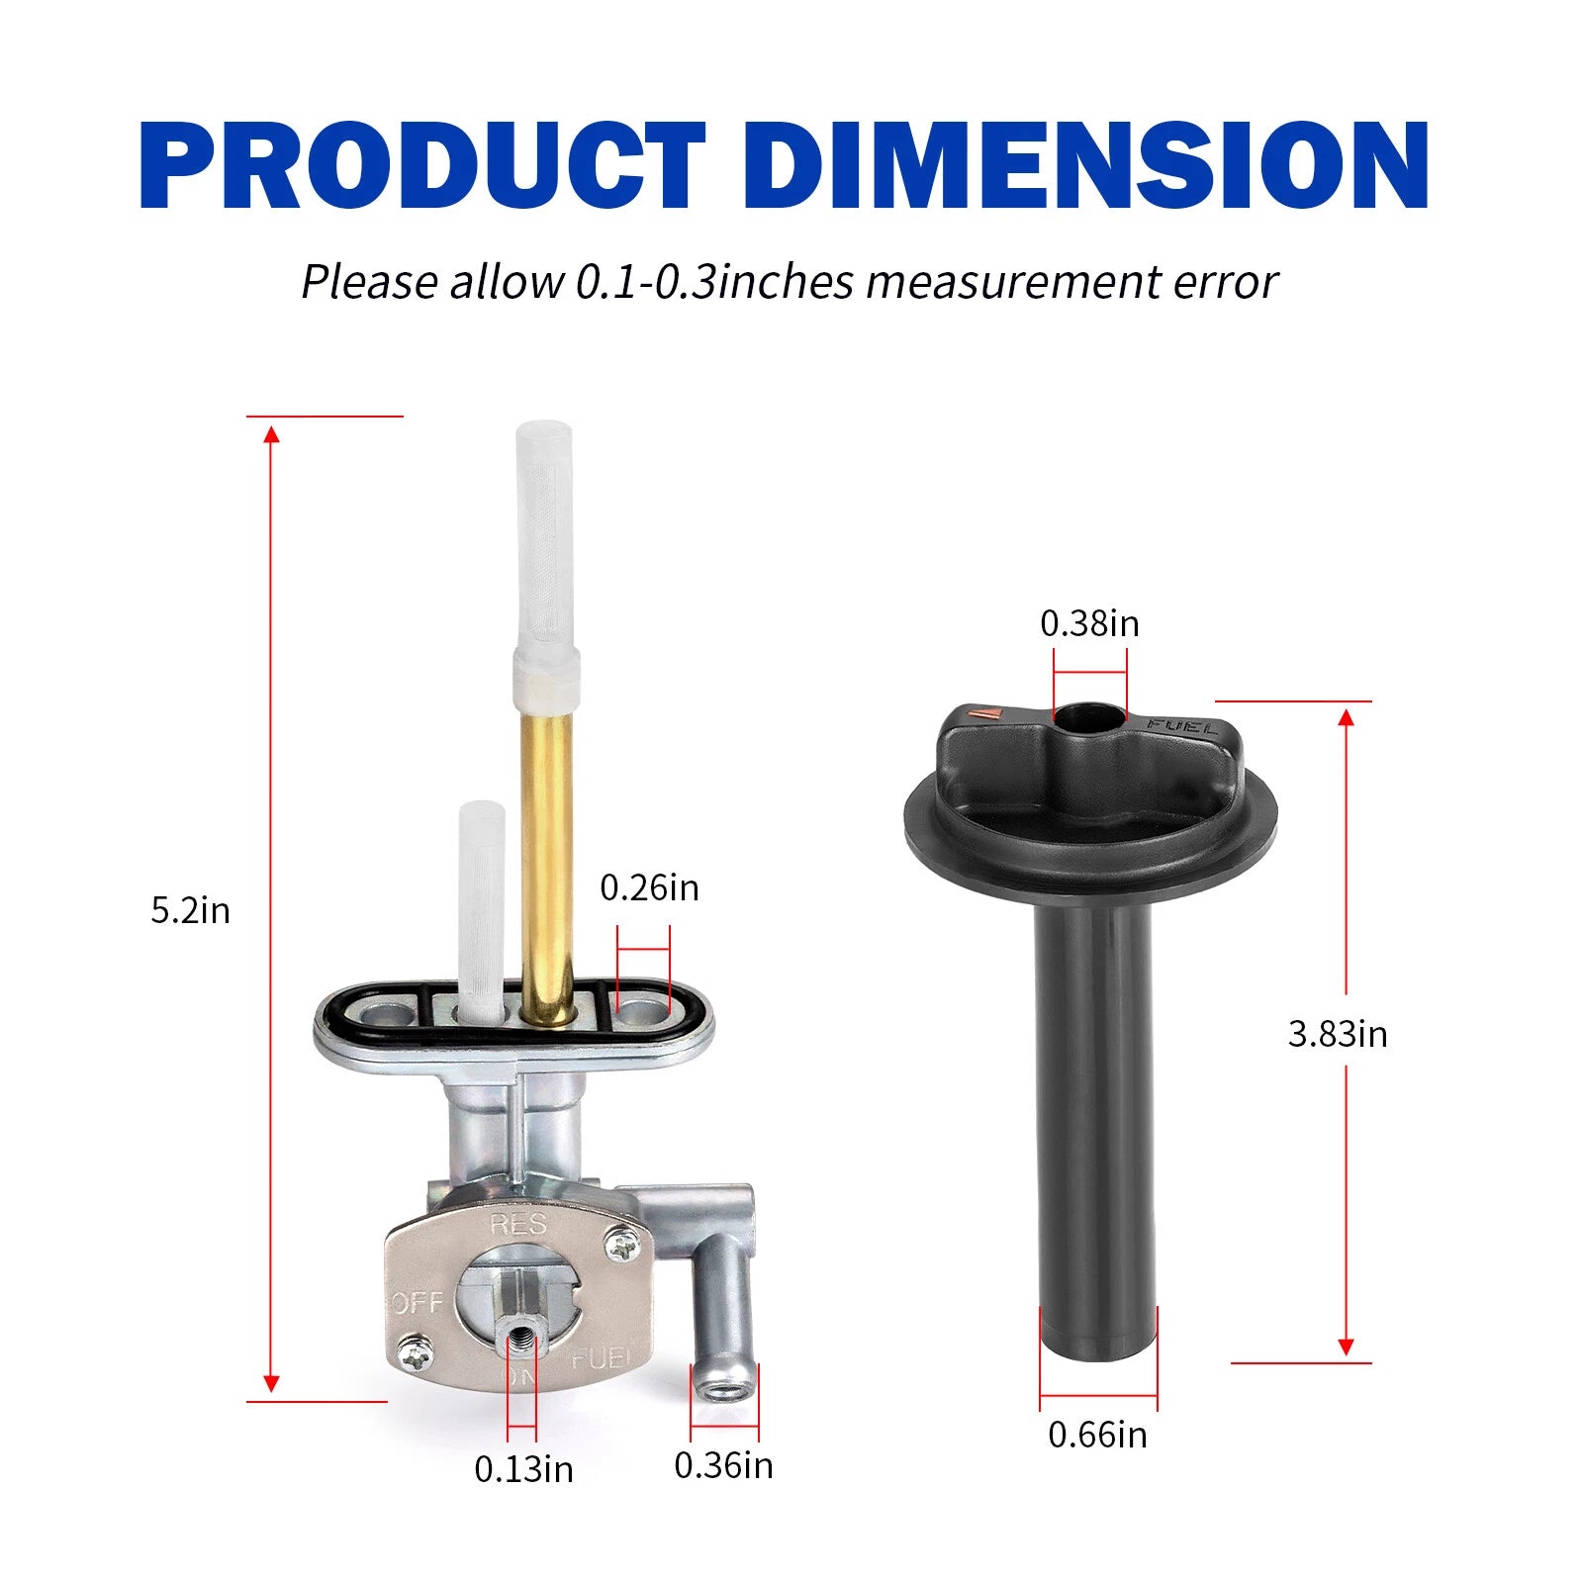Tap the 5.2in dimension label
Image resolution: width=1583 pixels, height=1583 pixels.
click(x=190, y=910)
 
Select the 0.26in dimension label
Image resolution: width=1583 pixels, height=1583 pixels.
click(x=649, y=887)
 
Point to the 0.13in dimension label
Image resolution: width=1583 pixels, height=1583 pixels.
click(x=523, y=1469)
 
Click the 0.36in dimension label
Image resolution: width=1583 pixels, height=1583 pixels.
click(x=723, y=1465)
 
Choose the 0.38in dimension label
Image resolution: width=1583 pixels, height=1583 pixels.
click(x=1089, y=623)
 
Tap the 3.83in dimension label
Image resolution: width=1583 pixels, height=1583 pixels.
click(x=1338, y=1034)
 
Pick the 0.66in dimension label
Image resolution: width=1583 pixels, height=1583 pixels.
click(x=1097, y=1435)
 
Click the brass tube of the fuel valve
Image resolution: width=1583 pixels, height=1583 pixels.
click(x=547, y=851)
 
